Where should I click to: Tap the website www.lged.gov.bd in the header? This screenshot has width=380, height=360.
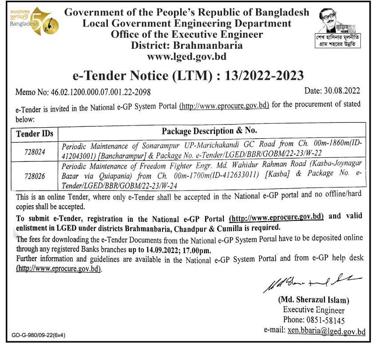pos(186,56)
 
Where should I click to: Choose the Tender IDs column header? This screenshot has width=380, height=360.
pos(34,133)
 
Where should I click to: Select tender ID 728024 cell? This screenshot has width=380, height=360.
pos(35,152)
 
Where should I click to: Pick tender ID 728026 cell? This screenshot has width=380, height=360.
pos(35,176)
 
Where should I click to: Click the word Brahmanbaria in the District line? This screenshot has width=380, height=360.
pos(212,45)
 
